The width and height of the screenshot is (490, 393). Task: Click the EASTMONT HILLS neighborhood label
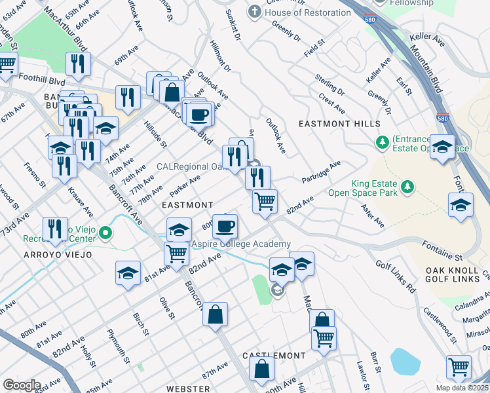339,124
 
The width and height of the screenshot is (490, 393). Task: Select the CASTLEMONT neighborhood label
274,356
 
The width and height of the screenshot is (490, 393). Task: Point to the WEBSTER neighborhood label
187,388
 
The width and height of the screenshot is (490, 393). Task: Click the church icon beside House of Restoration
254,12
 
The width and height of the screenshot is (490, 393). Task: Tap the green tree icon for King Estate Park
408,188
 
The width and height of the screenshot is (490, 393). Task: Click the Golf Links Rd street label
396,276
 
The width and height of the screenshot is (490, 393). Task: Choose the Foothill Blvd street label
43,82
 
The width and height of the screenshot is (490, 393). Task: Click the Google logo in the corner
22,384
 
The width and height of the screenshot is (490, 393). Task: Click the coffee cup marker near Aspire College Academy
225,227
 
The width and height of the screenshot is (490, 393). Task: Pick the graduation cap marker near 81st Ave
128,274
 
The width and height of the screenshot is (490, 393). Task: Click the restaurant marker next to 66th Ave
78,64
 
